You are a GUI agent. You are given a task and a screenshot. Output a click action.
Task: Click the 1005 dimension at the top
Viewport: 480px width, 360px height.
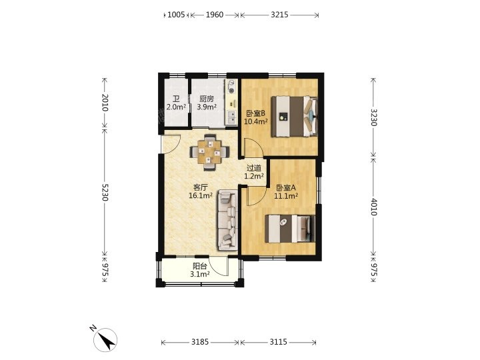click(x=176, y=15)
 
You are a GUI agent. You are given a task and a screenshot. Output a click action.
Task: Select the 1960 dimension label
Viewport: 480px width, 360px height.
click(x=214, y=15)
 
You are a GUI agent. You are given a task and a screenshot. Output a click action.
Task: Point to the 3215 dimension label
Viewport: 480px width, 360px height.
click(x=279, y=15)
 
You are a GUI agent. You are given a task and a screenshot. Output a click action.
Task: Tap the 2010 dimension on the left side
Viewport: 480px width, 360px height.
click(x=105, y=103)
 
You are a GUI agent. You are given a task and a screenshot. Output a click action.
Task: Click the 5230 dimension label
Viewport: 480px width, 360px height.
click(x=105, y=192)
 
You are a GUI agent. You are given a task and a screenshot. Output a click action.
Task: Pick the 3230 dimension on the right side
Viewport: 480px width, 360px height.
click(x=373, y=117)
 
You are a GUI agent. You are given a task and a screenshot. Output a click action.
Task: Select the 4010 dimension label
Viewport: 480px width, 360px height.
click(x=373, y=207)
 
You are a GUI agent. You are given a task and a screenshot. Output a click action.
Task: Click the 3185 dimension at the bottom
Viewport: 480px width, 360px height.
click(x=200, y=341)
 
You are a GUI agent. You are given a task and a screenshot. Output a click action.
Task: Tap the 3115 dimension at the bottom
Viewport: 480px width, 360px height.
click(x=278, y=341)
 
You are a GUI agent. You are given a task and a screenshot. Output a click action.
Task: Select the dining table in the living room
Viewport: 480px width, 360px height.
click(x=209, y=152)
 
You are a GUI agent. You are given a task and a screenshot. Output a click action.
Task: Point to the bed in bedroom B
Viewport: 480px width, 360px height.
click(x=295, y=116)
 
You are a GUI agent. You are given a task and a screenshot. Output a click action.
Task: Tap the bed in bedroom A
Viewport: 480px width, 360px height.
click(x=290, y=229)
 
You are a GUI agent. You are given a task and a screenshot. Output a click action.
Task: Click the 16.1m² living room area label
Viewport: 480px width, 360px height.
click(x=201, y=195)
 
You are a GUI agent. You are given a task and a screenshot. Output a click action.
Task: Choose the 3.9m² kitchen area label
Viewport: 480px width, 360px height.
click(x=207, y=107)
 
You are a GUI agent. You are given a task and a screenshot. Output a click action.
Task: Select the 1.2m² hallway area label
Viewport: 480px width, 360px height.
click(x=254, y=176)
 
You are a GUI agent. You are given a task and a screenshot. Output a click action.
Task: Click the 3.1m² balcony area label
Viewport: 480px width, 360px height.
click(x=200, y=274)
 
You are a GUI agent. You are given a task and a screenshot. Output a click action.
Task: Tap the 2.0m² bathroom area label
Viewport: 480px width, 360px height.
click(x=176, y=107)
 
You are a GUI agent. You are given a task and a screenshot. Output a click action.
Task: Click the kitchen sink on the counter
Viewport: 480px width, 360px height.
click(x=231, y=117)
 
